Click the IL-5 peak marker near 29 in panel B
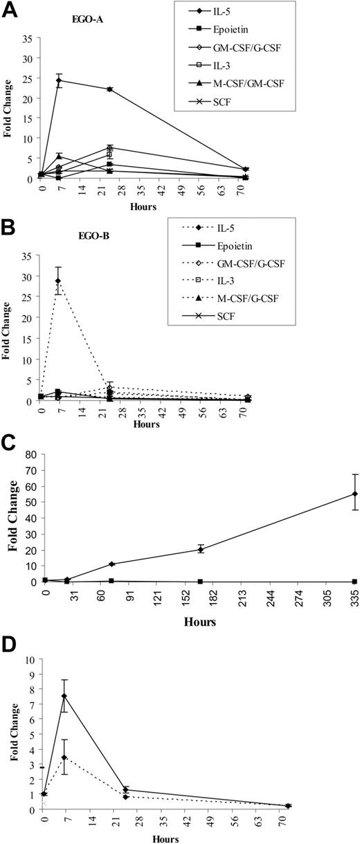coord(59,281)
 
